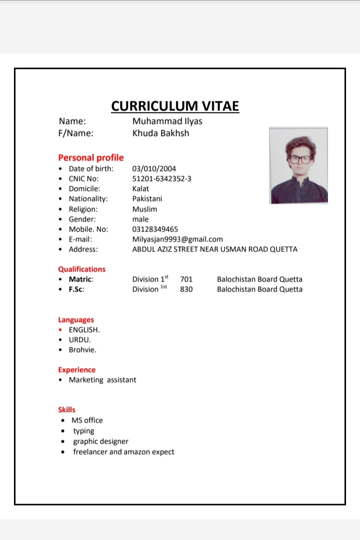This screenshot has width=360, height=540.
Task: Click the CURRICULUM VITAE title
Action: (x=175, y=106)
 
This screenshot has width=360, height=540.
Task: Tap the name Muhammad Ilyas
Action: (x=167, y=121)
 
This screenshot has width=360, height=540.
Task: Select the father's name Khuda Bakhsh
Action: (x=160, y=133)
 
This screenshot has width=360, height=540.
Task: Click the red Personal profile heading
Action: (x=90, y=157)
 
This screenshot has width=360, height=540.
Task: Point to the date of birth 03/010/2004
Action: (x=154, y=168)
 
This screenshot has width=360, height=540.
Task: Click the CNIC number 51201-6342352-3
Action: (x=161, y=178)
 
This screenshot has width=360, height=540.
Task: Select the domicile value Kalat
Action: (x=140, y=188)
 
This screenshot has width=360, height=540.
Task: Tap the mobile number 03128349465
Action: (x=155, y=229)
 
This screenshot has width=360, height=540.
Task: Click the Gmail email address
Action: (x=177, y=239)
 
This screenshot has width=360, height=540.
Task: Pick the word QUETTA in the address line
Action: (x=283, y=249)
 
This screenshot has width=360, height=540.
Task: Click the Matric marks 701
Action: (x=186, y=279)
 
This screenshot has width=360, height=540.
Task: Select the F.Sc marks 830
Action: (x=186, y=289)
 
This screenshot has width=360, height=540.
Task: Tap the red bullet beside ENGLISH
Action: (x=60, y=330)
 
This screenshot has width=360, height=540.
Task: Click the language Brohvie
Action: (x=82, y=350)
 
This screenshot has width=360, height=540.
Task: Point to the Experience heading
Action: (x=76, y=369)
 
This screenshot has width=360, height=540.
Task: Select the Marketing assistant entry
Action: (x=102, y=380)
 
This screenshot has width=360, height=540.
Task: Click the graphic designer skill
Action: (x=100, y=441)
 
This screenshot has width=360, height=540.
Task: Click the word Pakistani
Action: (x=147, y=198)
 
